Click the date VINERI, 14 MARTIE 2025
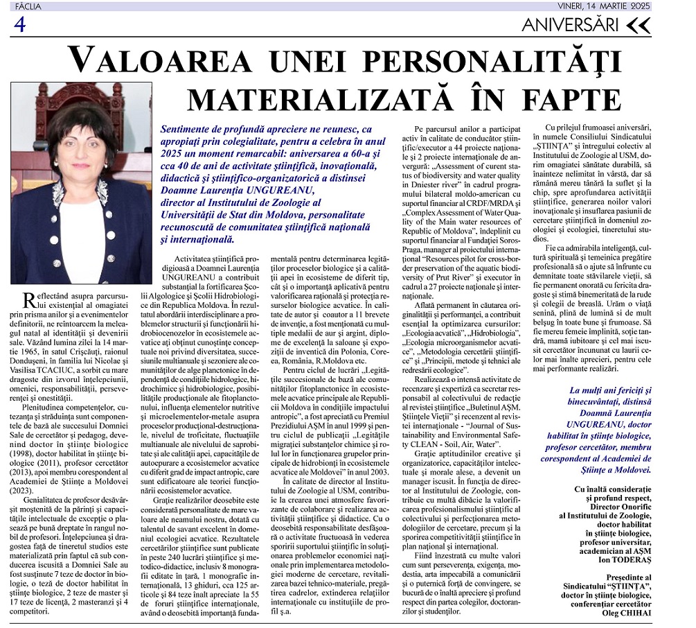604,6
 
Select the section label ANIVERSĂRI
569,26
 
